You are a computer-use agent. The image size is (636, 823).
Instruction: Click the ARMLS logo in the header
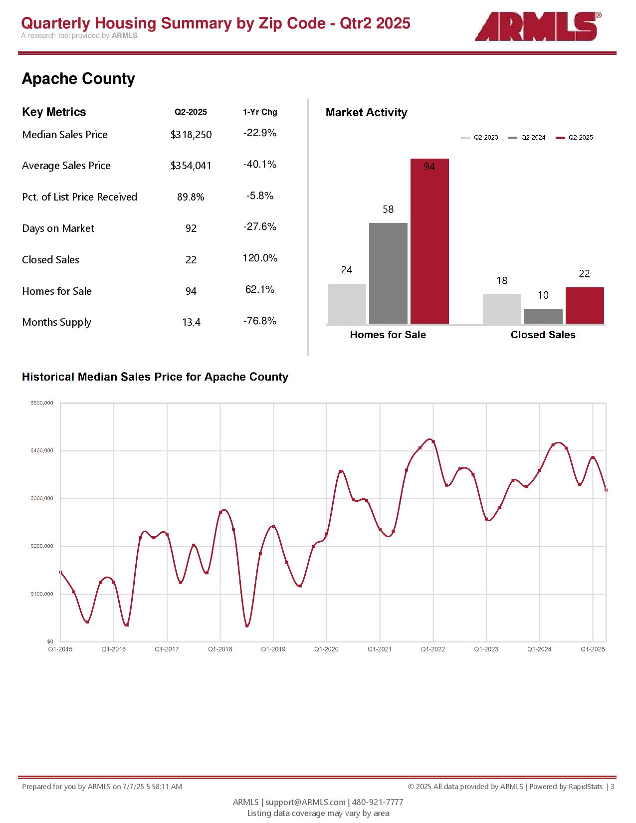click(x=538, y=26)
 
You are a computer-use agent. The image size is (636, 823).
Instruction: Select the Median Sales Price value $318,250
click(x=191, y=135)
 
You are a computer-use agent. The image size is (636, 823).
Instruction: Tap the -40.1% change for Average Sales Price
click(x=260, y=164)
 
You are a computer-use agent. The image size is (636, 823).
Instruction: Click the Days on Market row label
click(x=58, y=228)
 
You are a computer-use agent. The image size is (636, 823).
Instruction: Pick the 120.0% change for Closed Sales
click(x=260, y=258)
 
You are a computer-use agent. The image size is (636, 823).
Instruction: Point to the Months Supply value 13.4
click(x=191, y=322)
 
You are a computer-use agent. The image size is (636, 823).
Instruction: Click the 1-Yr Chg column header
click(x=260, y=112)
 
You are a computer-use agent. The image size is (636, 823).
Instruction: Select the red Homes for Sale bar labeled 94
click(x=429, y=241)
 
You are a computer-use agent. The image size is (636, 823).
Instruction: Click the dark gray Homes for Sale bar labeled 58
click(x=388, y=273)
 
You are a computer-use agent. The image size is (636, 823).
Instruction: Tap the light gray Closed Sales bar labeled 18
click(x=502, y=309)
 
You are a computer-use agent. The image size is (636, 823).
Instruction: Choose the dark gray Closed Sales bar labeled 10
click(x=543, y=316)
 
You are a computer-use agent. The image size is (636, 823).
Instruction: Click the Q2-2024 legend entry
click(x=527, y=138)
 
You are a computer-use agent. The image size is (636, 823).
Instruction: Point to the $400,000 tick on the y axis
click(x=42, y=450)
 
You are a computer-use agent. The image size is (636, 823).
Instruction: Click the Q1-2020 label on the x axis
click(x=326, y=649)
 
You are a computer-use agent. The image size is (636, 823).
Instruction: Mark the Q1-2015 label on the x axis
click(x=60, y=649)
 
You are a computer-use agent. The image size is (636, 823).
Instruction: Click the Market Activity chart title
click(x=366, y=113)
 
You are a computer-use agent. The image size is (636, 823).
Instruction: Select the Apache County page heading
click(x=78, y=79)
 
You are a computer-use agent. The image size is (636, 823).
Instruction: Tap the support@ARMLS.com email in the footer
click(x=305, y=802)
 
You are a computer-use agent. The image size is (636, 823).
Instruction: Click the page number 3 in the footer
click(x=612, y=787)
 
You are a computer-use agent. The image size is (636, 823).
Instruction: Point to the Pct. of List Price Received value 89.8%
click(x=191, y=197)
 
